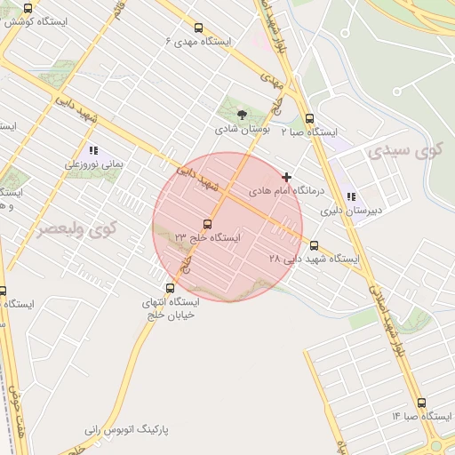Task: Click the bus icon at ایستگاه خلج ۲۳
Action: coord(208,224)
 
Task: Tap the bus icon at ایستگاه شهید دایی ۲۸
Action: coord(313,245)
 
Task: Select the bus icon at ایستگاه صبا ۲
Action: coord(309,118)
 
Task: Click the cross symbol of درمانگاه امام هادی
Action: coord(286,177)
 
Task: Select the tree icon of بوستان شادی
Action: coord(242,114)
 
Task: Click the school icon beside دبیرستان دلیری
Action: coord(351,196)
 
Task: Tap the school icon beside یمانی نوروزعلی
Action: coord(92,150)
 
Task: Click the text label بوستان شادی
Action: coord(242,130)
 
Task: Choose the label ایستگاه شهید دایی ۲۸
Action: coord(314,259)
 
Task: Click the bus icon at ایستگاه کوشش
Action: coord(28,8)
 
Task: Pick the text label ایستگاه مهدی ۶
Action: coord(197,42)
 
